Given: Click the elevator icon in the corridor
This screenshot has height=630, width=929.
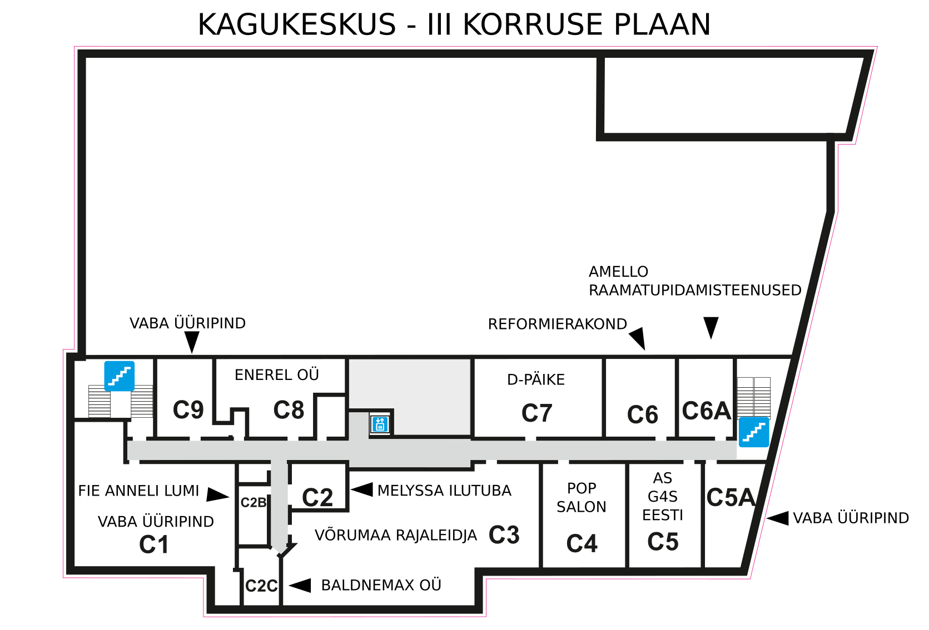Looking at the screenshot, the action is coord(380,424).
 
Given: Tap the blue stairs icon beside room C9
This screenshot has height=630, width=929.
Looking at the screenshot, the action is coord(120,376).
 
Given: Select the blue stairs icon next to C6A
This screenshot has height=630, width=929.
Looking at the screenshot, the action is coord(754,432).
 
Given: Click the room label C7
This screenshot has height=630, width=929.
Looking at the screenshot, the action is coord(536,413).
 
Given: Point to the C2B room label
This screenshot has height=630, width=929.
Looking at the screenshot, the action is coord(254,502).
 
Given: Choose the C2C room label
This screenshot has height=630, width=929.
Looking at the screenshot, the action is coord(261,586).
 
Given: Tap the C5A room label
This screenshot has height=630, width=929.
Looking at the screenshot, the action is coord(731,497).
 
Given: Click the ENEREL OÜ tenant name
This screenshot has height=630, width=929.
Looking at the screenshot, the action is coord(277,374).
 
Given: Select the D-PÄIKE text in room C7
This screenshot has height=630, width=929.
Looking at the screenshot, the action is coord(536,379).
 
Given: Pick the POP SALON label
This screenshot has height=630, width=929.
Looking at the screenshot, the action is coord(582,497).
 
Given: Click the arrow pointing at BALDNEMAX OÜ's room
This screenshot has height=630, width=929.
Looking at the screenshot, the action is coord(300,585).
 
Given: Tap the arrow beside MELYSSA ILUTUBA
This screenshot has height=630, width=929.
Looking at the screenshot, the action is coord(361,489).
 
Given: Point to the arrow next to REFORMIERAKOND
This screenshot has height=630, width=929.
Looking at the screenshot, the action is coord(638,338).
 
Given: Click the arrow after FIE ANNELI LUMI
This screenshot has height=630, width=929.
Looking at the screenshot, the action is coord(218,495).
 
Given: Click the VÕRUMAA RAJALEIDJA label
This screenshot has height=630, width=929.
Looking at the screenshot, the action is coord(396,535).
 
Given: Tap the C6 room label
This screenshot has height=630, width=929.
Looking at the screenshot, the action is coord(643,414).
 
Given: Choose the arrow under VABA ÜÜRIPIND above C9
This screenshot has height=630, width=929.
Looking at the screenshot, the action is coord(192,342).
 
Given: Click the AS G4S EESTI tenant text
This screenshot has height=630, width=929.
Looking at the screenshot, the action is coord(662,497).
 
